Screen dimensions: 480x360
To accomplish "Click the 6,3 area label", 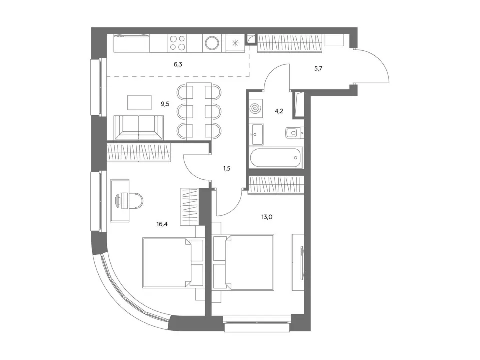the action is [x=178, y=64].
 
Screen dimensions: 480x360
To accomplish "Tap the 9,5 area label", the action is [x=165, y=104].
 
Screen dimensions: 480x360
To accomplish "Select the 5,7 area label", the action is [x=318, y=68].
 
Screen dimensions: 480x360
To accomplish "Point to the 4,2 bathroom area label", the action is [x=279, y=111].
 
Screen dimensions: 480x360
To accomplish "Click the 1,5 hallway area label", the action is [x=226, y=168].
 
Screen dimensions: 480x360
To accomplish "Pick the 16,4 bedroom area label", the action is [x=162, y=224].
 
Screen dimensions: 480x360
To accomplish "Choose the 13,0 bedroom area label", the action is [x=267, y=217].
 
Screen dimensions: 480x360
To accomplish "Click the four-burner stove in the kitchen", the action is [x=177, y=43].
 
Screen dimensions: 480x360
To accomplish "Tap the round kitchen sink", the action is [x=212, y=43].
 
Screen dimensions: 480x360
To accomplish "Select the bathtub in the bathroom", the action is [x=275, y=157].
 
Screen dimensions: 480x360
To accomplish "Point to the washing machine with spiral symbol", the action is [x=256, y=108].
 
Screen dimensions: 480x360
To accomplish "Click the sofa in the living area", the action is [x=139, y=127].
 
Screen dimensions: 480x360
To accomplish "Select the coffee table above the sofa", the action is [x=139, y=103].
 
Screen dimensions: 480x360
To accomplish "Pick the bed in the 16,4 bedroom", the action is [x=173, y=263].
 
